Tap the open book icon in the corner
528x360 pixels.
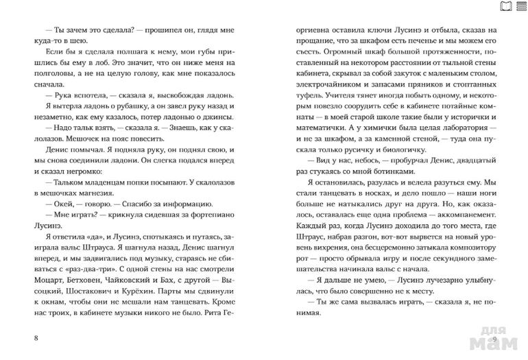[505, 7]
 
